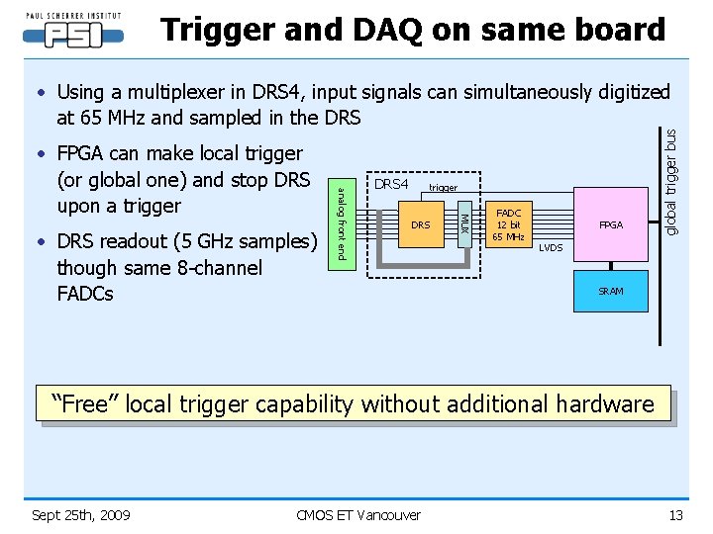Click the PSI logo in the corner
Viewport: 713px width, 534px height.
click(x=74, y=32)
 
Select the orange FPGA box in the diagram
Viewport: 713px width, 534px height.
click(x=611, y=225)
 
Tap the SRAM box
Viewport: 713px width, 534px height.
click(x=611, y=292)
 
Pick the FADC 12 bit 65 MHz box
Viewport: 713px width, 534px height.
click(x=508, y=225)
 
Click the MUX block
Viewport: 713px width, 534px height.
click(x=462, y=225)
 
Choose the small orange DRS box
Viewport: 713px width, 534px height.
click(x=421, y=225)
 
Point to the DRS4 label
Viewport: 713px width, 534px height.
click(x=391, y=184)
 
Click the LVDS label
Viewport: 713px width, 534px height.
click(x=551, y=248)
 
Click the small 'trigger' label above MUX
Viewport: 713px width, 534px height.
click(x=443, y=187)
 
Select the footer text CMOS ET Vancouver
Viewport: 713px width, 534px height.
click(x=358, y=514)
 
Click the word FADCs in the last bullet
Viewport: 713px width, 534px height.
click(x=85, y=294)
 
